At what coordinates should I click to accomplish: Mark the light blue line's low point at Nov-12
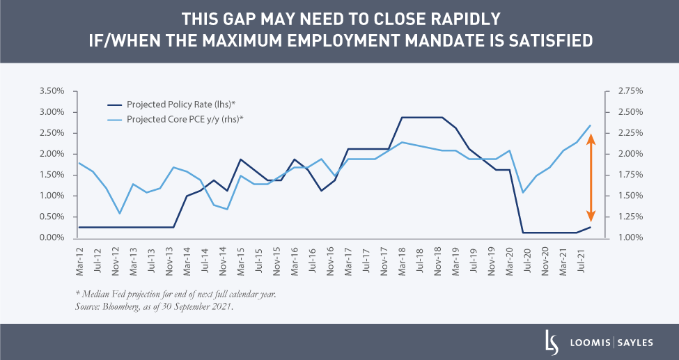[119, 213]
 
